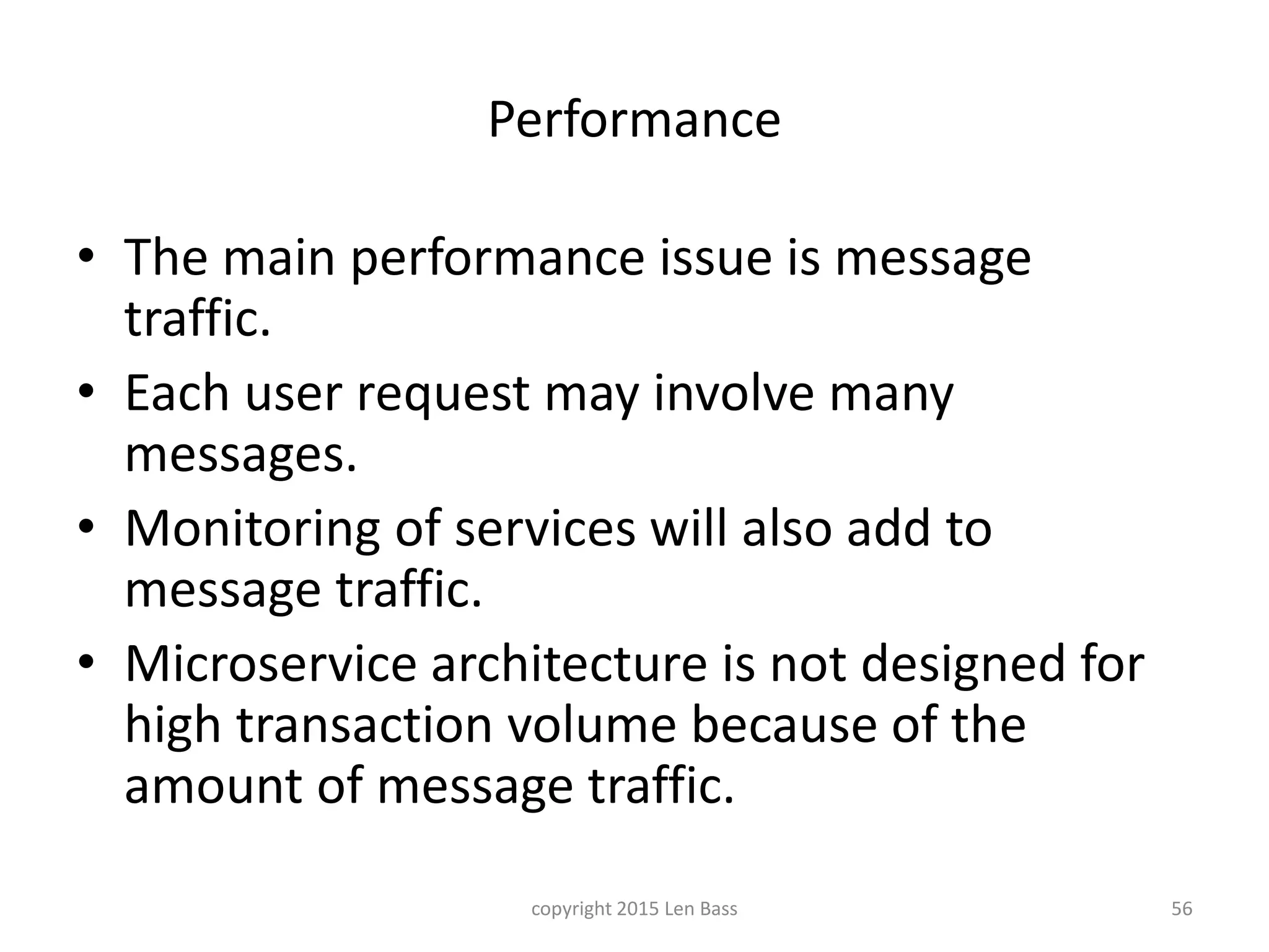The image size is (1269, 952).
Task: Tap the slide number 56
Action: [x=1182, y=909]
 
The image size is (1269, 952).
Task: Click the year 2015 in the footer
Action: [x=638, y=909]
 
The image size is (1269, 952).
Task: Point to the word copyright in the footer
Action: [x=571, y=909]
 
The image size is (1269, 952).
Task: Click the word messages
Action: [x=241, y=456]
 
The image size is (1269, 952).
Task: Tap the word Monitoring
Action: [x=252, y=530]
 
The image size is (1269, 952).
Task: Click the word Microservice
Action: [x=271, y=664]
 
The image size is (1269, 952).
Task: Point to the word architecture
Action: [x=569, y=664]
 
